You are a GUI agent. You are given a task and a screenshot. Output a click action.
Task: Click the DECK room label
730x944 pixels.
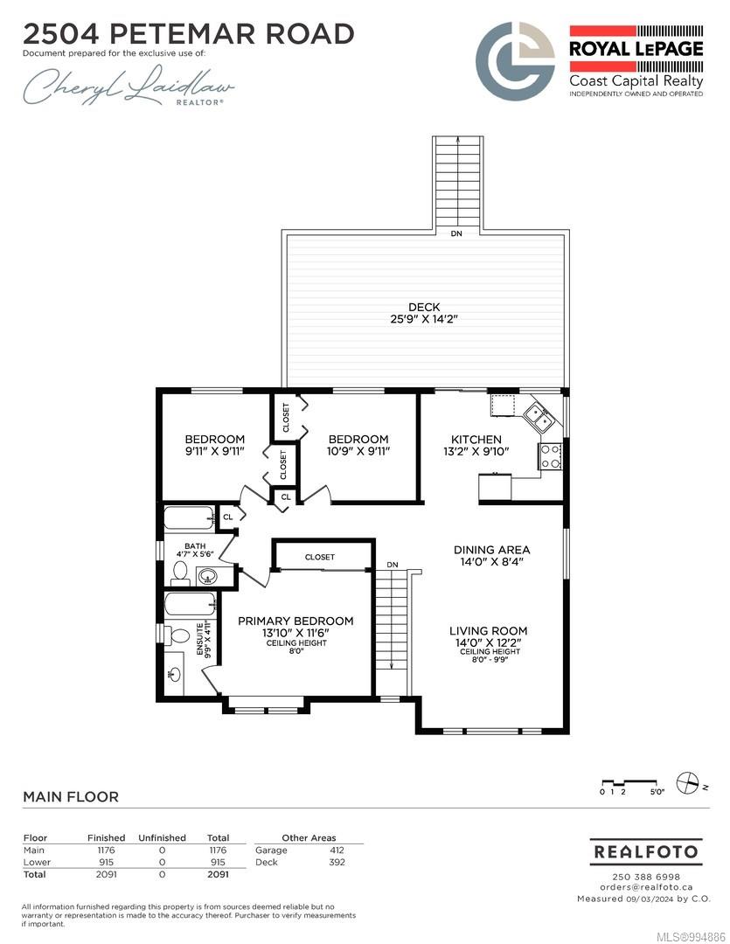click(424, 307)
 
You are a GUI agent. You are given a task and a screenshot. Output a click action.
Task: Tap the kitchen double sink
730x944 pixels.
click(539, 417)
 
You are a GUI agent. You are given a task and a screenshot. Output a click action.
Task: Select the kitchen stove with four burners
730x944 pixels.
click(550, 455)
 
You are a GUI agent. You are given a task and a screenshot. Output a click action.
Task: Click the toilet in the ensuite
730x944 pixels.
click(178, 635)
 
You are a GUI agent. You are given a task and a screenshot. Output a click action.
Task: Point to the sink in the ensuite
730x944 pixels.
click(175, 674)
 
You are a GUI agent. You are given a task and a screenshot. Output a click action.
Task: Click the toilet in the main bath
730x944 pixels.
click(180, 572)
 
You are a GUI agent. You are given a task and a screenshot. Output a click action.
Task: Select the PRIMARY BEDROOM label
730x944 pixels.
click(295, 621)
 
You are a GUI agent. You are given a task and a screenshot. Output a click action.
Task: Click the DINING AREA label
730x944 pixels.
click(491, 550)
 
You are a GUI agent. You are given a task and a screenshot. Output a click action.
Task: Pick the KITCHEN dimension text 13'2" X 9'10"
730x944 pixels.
click(476, 452)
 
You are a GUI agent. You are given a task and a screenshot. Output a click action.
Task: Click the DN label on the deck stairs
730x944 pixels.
click(456, 233)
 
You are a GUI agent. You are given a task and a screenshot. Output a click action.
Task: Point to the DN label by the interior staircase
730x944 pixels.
click(393, 565)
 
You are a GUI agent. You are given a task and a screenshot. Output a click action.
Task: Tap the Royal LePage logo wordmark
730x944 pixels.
click(636, 49)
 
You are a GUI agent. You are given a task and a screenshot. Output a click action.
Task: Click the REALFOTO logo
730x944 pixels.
click(646, 852)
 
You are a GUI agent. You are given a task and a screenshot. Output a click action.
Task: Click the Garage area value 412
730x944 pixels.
click(337, 850)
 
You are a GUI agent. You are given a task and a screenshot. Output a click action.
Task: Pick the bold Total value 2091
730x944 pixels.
click(218, 874)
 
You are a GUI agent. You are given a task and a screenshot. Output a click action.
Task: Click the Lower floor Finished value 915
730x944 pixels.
click(106, 862)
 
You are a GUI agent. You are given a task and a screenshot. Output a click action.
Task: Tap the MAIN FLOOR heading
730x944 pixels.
click(71, 796)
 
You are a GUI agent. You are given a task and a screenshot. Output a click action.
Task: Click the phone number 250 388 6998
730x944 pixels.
click(646, 878)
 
